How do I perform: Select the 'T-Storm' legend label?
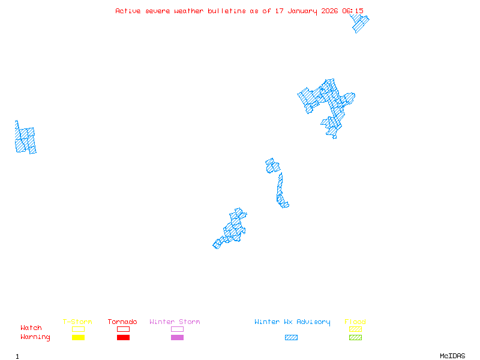(x=77, y=322)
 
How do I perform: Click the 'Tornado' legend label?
(x=122, y=322)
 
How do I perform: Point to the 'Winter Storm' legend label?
(x=175, y=322)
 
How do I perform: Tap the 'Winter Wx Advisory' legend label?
(x=292, y=322)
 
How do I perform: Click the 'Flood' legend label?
(x=355, y=322)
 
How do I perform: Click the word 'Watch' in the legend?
(x=31, y=328)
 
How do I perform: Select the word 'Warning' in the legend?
(x=35, y=337)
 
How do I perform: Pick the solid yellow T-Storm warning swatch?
(x=78, y=338)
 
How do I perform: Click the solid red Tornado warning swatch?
(x=123, y=338)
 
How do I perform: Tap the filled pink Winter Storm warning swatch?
(x=177, y=338)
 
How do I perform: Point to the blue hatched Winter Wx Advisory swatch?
(x=291, y=338)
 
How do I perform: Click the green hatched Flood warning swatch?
(x=355, y=338)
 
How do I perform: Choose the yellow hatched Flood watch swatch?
(x=355, y=329)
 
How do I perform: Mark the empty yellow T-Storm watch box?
(x=78, y=329)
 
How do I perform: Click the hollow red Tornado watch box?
(x=123, y=329)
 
